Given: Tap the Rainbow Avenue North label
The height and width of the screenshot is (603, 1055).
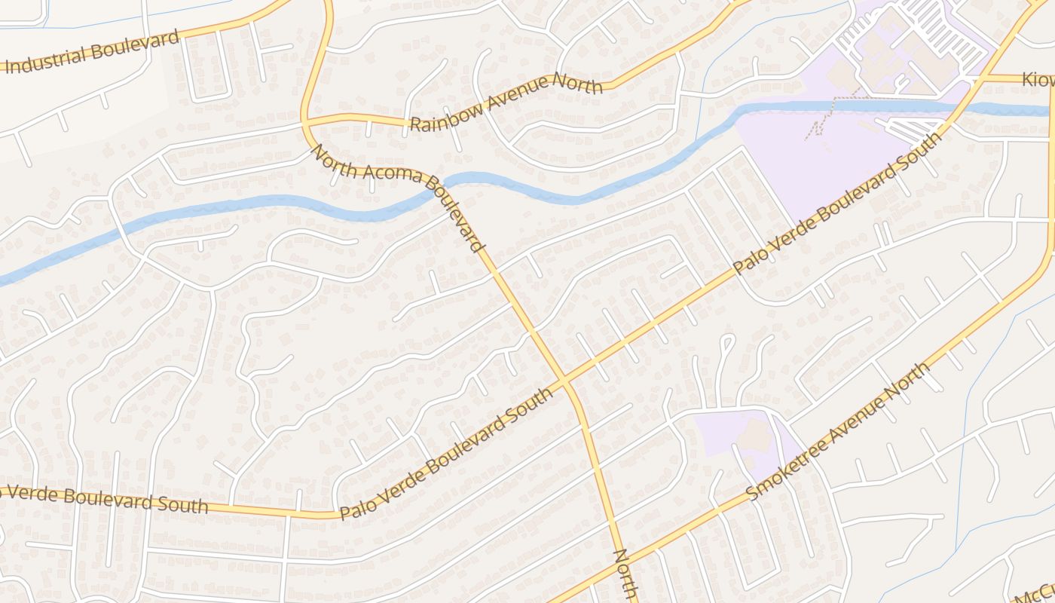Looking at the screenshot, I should [x=506, y=103].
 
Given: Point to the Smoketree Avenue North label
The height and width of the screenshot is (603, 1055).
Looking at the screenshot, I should [x=838, y=432].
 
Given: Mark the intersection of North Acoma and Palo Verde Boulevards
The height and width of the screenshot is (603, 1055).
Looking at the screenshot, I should [x=565, y=382].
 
